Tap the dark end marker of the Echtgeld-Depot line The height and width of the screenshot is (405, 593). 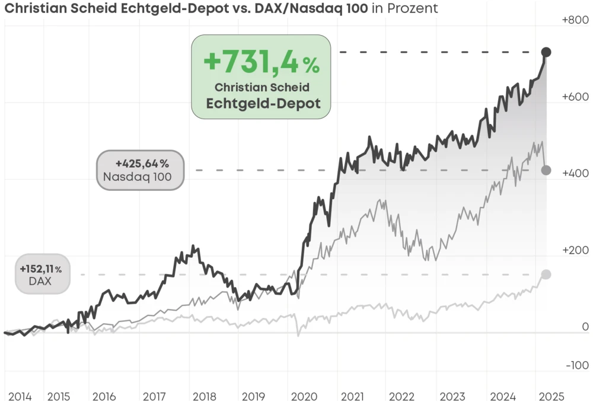pyautogui.click(x=546, y=52)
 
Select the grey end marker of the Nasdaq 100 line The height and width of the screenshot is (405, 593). pyautogui.click(x=546, y=170)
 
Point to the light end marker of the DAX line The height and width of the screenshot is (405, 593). pyautogui.click(x=546, y=274)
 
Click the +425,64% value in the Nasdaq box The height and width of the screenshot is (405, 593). pyautogui.click(x=142, y=163)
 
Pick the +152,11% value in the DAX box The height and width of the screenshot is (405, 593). pyautogui.click(x=40, y=269)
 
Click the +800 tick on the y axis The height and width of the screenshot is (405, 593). pyautogui.click(x=575, y=20)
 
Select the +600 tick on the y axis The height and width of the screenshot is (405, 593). pyautogui.click(x=575, y=97)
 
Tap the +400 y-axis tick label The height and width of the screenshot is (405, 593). pyautogui.click(x=575, y=173)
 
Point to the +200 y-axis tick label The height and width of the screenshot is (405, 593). pyautogui.click(x=575, y=250)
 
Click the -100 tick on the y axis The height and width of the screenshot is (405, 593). pyautogui.click(x=576, y=365)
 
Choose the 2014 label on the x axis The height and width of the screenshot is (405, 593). pyautogui.click(x=20, y=396)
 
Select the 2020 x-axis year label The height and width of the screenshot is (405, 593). pyautogui.click(x=302, y=396)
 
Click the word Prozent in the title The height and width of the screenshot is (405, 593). pyautogui.click(x=415, y=8)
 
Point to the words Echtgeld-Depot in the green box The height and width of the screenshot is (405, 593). pyautogui.click(x=263, y=103)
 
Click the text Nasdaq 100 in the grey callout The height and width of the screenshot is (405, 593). pyautogui.click(x=137, y=176)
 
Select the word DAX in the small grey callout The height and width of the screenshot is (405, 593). pyautogui.click(x=40, y=282)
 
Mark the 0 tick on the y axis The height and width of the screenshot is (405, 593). pyautogui.click(x=585, y=327)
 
